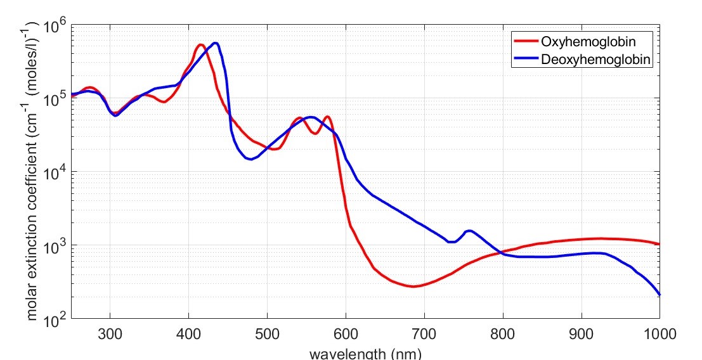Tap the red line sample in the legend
tap(525, 42)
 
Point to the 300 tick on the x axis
tap(110, 332)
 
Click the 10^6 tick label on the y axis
tap(55, 27)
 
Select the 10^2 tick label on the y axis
tap(55, 319)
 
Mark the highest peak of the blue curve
tap(216, 43)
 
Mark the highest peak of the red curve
tap(200, 45)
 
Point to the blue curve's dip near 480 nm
tap(251, 159)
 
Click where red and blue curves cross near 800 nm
tap(502, 253)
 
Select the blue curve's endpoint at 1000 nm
tap(660, 295)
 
